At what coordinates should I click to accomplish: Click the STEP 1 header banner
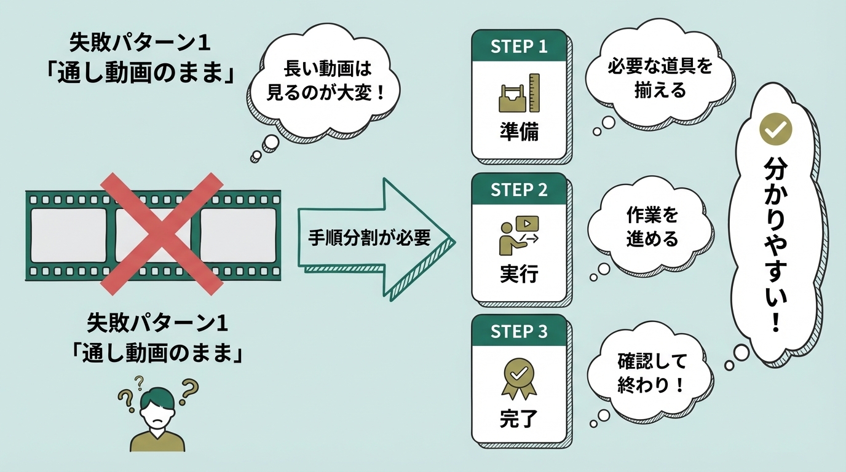518,47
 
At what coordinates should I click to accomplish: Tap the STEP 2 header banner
518,190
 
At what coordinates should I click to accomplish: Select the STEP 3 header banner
518,332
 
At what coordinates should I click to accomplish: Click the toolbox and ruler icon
518,93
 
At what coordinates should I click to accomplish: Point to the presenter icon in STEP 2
518,235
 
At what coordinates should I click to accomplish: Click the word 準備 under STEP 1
518,133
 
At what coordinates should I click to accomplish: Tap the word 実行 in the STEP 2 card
518,275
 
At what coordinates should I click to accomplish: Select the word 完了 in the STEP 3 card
518,420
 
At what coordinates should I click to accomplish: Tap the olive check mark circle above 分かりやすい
776,128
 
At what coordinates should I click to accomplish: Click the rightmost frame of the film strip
238,235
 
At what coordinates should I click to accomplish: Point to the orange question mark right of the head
190,389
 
